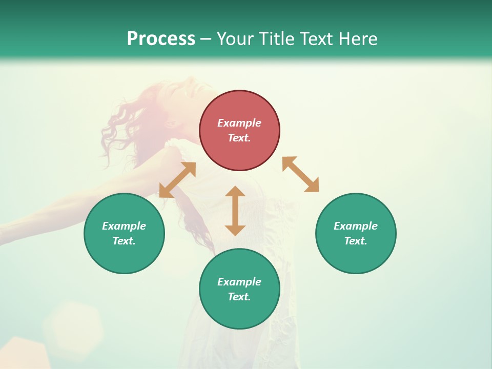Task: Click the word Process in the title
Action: click(161, 39)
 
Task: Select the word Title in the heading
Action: click(276, 39)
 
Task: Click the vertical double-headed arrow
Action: click(235, 211)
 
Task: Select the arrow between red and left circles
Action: click(177, 179)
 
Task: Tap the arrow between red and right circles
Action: click(300, 174)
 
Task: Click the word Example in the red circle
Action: click(239, 123)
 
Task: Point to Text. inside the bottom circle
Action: click(239, 297)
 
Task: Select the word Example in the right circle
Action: click(356, 226)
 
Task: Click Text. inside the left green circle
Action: click(124, 241)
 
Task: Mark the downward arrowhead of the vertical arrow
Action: click(235, 230)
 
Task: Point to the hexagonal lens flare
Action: click(72, 325)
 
